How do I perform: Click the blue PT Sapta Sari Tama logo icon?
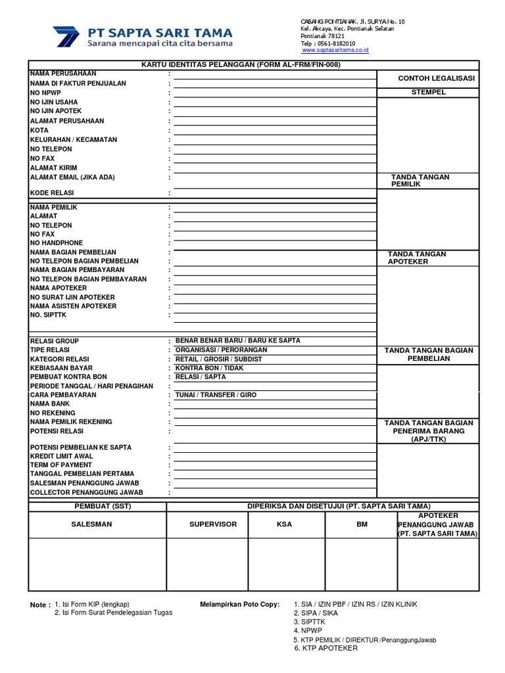(x=66, y=36)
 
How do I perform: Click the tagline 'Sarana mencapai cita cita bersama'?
(x=160, y=44)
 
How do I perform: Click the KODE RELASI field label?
(x=52, y=193)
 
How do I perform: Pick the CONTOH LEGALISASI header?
(x=427, y=79)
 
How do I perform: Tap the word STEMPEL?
(x=428, y=93)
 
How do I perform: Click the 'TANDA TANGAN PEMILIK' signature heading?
(x=420, y=181)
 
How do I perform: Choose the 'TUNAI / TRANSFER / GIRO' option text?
(x=215, y=395)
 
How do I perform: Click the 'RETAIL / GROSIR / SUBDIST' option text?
(x=218, y=360)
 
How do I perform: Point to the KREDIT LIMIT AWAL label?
(x=62, y=456)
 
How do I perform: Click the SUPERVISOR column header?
(x=207, y=524)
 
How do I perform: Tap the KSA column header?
(x=285, y=524)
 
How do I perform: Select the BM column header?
(x=362, y=524)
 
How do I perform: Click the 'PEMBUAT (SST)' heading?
(x=97, y=506)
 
